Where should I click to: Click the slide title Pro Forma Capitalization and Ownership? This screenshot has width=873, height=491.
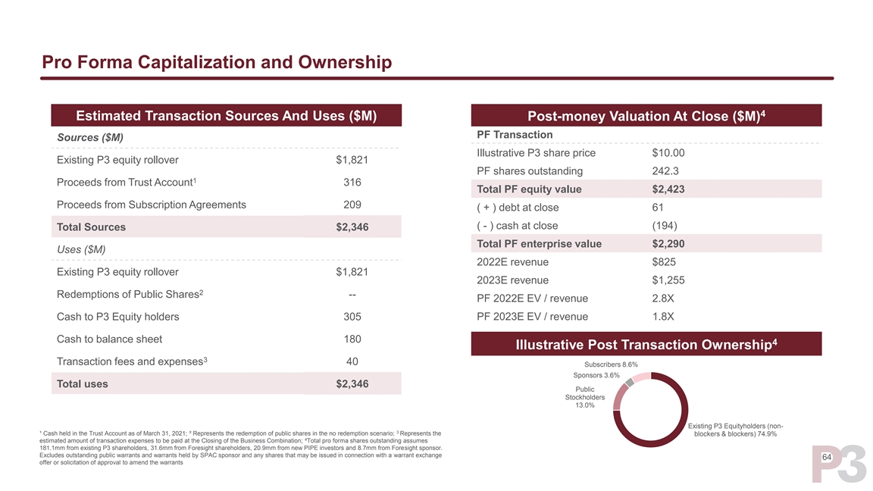[217, 61]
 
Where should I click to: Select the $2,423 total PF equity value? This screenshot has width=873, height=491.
[668, 189]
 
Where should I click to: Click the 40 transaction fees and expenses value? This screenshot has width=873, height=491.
[352, 361]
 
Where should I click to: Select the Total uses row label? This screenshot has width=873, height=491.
[83, 384]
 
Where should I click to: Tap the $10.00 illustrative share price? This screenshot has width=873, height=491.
[668, 153]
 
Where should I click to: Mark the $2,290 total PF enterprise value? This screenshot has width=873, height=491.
[668, 244]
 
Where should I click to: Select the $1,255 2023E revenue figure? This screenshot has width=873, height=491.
[668, 280]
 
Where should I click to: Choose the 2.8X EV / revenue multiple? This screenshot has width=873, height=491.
[663, 299]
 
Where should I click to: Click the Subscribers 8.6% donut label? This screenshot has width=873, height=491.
[610, 364]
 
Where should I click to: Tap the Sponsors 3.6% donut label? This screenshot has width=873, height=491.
[596, 375]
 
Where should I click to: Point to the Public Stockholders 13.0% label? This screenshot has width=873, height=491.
[584, 397]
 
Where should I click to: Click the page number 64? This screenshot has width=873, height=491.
[827, 458]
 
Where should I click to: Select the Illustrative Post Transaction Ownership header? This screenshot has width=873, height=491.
[646, 345]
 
